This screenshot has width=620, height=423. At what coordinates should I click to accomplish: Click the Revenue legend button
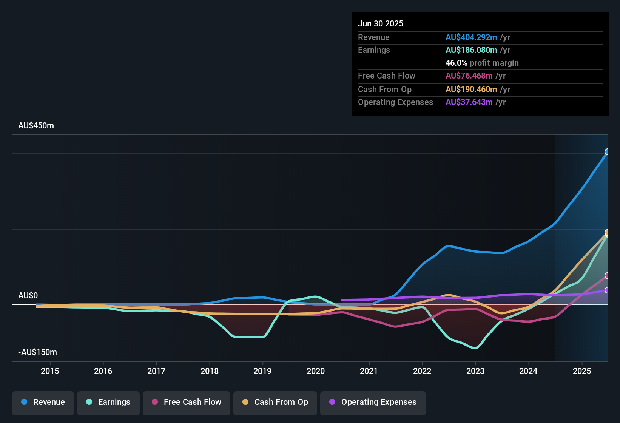pos(43,402)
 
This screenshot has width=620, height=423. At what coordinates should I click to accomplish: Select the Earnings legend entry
pos(108,402)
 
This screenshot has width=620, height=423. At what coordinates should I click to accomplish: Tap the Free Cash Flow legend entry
pos(187,402)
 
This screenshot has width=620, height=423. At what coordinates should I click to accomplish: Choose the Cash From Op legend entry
pos(275,402)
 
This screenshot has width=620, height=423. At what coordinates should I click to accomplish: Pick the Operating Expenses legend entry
pos(373,402)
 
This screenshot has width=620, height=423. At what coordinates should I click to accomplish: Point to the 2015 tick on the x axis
pos(50,371)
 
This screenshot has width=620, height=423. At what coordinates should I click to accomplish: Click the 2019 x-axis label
pos(262,371)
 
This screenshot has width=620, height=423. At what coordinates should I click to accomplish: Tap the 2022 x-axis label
pos(422,371)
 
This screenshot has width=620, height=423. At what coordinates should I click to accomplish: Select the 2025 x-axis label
pos(582,371)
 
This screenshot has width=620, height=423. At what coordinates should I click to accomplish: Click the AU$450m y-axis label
pos(36,126)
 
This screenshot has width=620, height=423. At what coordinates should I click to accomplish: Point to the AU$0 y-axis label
pos(28,296)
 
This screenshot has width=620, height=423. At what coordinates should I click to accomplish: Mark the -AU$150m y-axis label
pos(38,352)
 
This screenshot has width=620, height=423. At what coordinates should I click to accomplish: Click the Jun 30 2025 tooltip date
pos(381,24)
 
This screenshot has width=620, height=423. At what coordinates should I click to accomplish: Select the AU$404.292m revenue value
pos(471,37)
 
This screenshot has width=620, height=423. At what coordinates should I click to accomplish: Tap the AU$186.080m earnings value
pos(471,50)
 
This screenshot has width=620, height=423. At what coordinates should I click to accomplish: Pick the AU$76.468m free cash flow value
pos(469,76)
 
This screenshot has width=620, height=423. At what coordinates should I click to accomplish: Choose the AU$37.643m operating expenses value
pos(469,102)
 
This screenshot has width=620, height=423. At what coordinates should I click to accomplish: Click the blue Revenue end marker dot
pos(607,152)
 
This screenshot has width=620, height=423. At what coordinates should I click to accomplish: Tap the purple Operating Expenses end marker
pos(607,290)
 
